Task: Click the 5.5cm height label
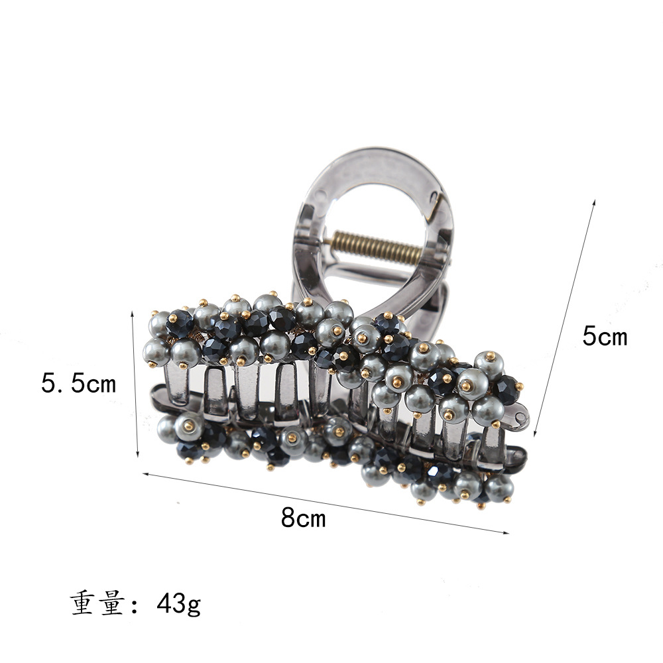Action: (78, 384)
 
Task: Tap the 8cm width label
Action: (304, 517)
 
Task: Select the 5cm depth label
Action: (605, 337)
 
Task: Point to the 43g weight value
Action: (179, 603)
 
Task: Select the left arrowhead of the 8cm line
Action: (147, 475)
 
